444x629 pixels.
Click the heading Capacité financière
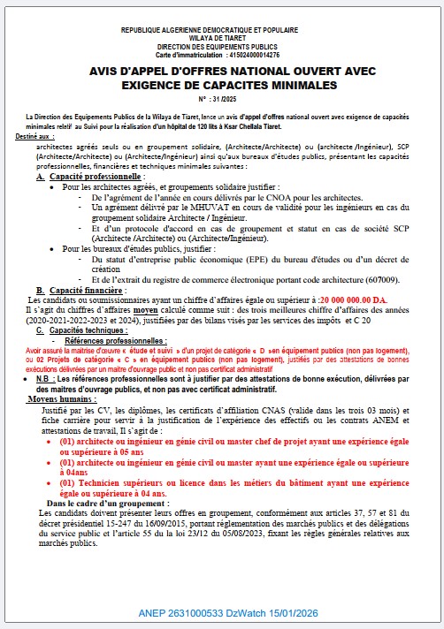pyautogui.click(x=87, y=290)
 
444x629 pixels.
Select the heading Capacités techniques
pyautogui.click(x=86, y=329)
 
